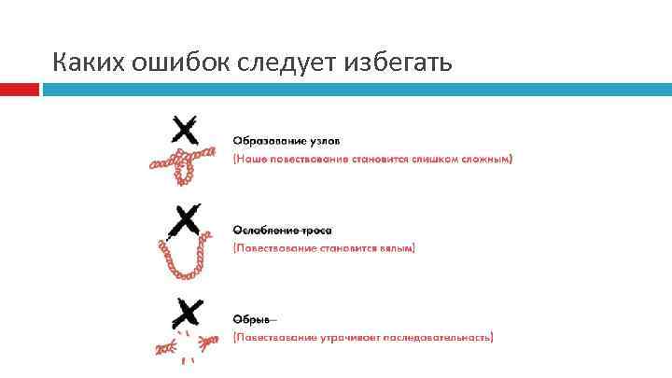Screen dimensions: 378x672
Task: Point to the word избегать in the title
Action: pos(399,63)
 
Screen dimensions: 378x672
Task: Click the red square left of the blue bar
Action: pos(20,90)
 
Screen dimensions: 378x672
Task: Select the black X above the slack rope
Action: pos(187,221)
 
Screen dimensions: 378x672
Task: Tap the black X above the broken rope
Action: pos(188,311)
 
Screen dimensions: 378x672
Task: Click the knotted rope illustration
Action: pos(187,162)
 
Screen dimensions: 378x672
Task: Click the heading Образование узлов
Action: pos(287,141)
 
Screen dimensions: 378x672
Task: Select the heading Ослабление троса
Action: pos(282,230)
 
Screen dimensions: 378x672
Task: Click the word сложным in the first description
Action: pos(486,159)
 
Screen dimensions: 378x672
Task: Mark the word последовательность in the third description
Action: pos(441,337)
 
